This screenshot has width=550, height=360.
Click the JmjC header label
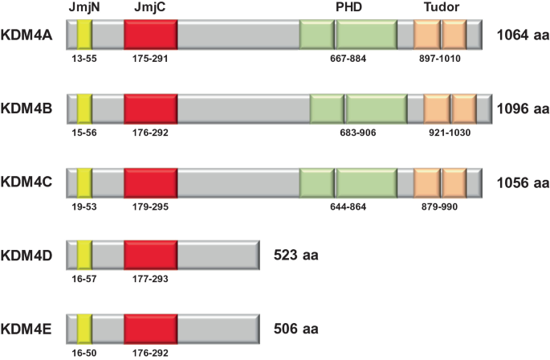pos(150,8)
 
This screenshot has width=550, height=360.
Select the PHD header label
pos(352,8)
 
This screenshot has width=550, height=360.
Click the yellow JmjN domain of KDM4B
pos(84,108)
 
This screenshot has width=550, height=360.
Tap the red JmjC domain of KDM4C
pos(151,182)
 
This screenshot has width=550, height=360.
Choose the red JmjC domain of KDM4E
pos(151,329)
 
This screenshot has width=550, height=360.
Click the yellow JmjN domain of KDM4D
pos(84,256)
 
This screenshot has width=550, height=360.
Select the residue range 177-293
pos(151,279)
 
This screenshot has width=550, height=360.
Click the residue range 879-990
pos(440,206)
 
